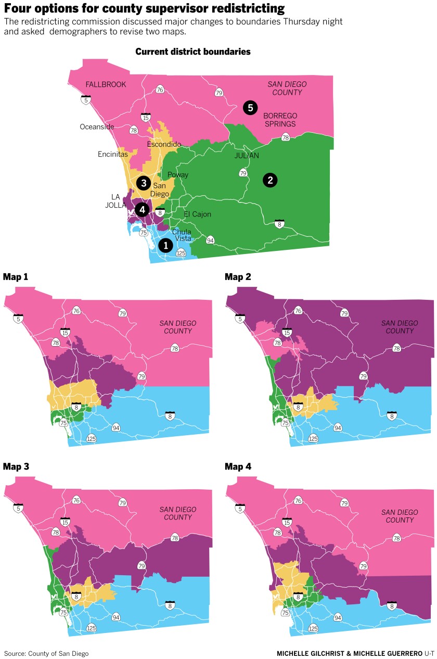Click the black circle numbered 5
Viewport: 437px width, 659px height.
click(x=250, y=108)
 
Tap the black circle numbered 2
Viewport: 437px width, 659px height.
click(x=269, y=180)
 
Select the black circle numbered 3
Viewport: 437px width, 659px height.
click(x=143, y=183)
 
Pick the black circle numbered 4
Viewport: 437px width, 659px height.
click(x=142, y=209)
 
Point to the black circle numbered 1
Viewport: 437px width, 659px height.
click(x=165, y=245)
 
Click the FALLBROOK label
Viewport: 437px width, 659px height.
click(x=106, y=84)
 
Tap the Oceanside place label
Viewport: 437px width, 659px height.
click(x=97, y=126)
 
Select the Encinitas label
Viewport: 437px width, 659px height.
click(x=113, y=154)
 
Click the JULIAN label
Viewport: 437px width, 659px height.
click(x=246, y=156)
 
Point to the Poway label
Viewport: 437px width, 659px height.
click(x=177, y=175)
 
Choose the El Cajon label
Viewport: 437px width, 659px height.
click(x=197, y=214)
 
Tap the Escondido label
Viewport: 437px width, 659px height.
click(x=163, y=144)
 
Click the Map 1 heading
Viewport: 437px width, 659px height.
click(x=16, y=276)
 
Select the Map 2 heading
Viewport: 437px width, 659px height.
click(x=238, y=276)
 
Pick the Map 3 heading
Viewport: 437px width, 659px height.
click(x=16, y=466)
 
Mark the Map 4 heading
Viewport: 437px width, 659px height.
click(x=238, y=466)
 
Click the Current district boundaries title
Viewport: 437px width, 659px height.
click(x=193, y=52)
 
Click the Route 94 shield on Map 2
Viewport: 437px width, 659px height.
click(x=338, y=428)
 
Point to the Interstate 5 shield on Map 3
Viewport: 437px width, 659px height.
click(x=18, y=508)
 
